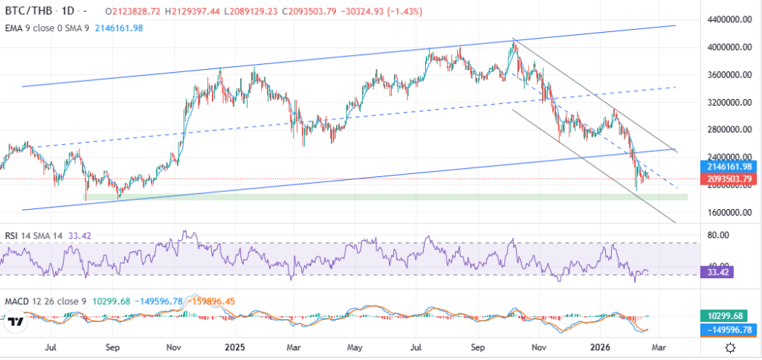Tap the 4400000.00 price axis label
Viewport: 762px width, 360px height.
pos(729,19)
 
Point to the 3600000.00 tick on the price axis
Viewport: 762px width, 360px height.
pos(729,75)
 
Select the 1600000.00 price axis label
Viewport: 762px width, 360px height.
pos(729,212)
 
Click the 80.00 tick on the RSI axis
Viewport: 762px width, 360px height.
pos(717,236)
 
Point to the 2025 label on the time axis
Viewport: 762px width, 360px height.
pos(235,347)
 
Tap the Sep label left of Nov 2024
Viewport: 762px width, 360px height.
pos(113,347)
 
